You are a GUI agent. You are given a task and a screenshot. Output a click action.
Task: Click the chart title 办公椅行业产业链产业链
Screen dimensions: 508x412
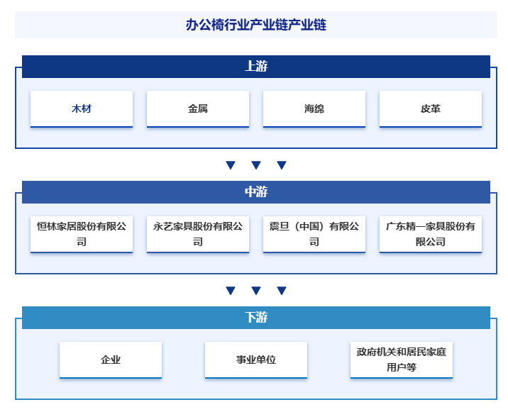(255, 25)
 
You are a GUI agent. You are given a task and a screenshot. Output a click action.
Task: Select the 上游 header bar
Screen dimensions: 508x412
(255, 67)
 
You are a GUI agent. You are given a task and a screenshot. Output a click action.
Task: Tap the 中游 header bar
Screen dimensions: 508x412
(255, 192)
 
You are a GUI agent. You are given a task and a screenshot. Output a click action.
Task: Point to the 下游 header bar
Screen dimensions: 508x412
(255, 318)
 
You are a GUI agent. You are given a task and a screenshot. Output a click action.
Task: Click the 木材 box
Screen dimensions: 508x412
(82, 108)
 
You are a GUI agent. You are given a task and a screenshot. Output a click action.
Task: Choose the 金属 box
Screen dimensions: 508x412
(198, 108)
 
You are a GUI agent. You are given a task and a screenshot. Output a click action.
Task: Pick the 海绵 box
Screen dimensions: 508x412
(314, 108)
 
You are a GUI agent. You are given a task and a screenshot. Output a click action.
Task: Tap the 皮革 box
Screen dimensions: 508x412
(431, 108)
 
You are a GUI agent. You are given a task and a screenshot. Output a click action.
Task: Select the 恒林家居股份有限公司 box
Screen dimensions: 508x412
(82, 234)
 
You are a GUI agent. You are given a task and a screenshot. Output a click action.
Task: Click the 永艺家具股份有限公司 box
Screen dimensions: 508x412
(198, 234)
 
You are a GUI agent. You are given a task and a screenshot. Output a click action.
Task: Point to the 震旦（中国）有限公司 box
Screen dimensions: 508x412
(314, 234)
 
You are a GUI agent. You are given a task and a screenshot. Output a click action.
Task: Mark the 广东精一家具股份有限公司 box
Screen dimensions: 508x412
(431, 234)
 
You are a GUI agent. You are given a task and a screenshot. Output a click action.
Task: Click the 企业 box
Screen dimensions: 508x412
(111, 360)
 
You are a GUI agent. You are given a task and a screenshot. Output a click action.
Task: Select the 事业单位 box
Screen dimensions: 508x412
(256, 360)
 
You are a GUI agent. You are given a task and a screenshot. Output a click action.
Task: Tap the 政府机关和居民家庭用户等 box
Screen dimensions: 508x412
(402, 360)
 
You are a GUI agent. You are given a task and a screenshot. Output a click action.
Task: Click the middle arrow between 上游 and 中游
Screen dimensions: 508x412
(256, 165)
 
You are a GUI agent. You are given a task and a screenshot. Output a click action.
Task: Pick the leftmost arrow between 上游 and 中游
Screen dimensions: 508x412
(231, 165)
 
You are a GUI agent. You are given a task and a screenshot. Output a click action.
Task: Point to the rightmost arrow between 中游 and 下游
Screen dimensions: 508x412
(282, 291)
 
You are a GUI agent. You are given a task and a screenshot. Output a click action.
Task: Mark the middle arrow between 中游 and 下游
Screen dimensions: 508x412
(256, 291)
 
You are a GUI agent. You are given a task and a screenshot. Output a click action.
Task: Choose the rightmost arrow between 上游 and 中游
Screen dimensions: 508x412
(282, 165)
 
